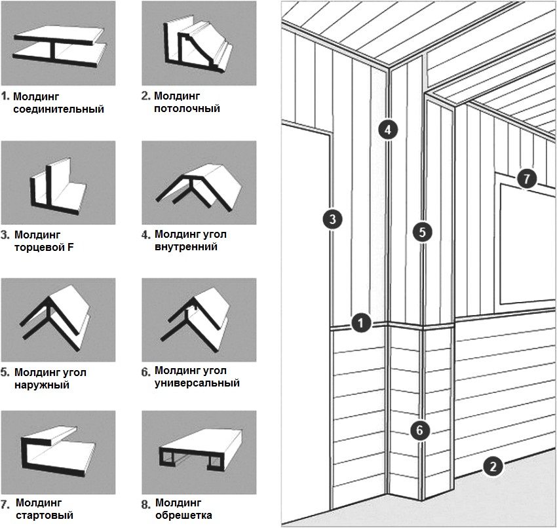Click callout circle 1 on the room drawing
coord(360,322)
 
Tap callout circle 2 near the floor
coord(493,466)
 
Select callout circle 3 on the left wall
coord(332,219)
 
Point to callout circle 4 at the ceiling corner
coord(388,129)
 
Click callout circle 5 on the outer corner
coord(423,231)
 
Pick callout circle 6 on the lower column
coord(420,430)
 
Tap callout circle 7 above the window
coord(526,177)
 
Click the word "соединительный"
coord(59,109)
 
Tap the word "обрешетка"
coord(183,516)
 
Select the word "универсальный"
coord(197,383)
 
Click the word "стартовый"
coord(44,516)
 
